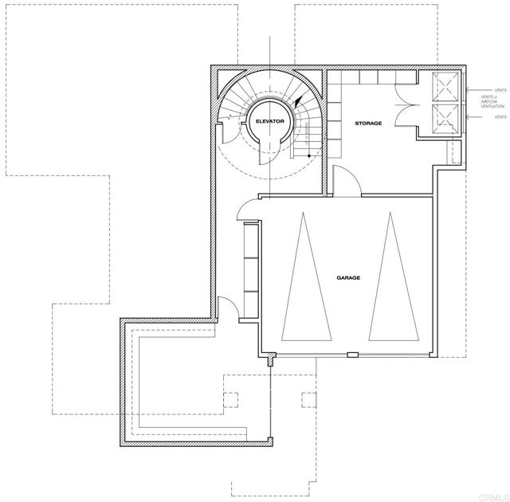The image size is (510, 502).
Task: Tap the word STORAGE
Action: pos(368,124)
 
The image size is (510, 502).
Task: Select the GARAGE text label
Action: pos(348,277)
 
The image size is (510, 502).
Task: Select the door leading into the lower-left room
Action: pos(226,306)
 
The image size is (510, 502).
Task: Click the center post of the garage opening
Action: pos(351,355)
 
